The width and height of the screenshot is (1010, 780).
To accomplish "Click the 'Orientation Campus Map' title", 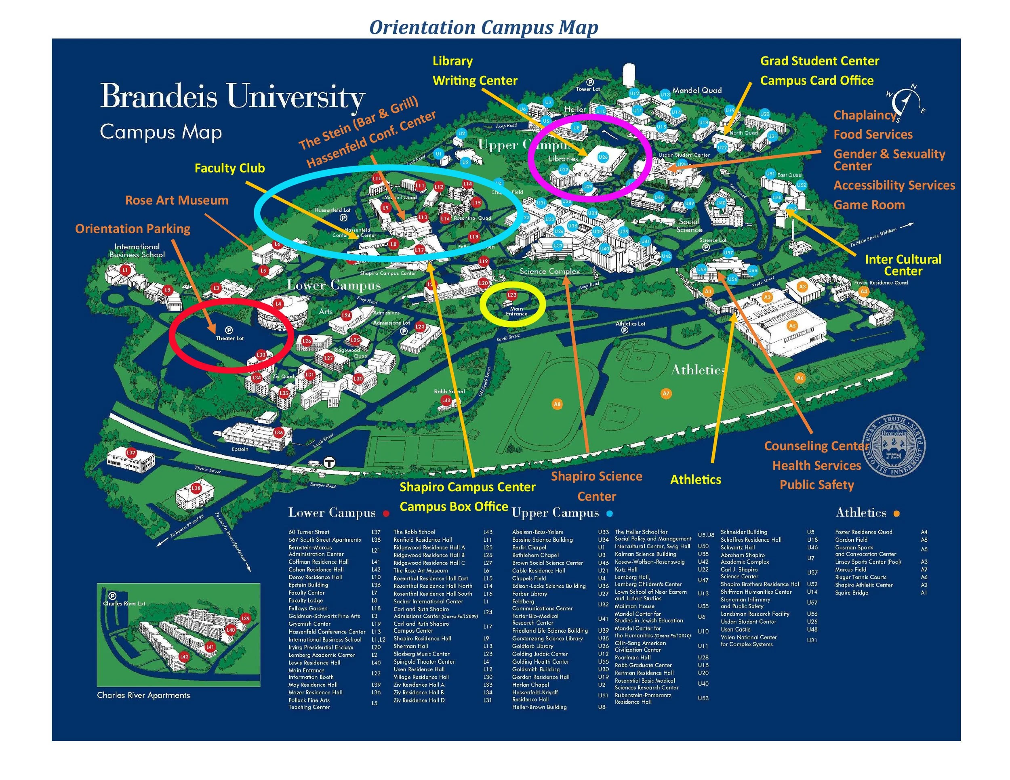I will (x=483, y=27).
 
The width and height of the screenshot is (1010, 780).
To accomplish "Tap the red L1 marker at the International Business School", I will (x=125, y=270).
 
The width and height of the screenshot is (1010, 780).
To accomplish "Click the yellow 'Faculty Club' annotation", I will (x=229, y=168).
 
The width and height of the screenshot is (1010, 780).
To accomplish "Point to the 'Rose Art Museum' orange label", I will (x=177, y=200).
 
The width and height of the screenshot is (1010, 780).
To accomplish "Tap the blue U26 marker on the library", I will (x=603, y=157).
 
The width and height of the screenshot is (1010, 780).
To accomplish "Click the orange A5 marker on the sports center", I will (x=793, y=326).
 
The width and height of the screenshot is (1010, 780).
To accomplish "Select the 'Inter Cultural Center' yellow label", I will (x=903, y=265).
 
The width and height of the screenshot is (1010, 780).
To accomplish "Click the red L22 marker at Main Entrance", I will (x=511, y=294).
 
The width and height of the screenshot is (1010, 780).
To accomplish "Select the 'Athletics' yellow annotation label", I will (x=696, y=479).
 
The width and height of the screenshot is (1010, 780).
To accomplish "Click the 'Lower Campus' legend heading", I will (x=332, y=513).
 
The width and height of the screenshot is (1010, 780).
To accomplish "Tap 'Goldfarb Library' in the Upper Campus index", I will (x=533, y=646).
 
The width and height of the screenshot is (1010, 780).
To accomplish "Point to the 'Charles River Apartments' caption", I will (x=143, y=695).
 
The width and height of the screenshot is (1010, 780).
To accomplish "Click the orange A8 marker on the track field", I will (x=557, y=404).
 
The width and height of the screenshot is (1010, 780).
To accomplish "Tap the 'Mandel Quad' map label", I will (x=697, y=90).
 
